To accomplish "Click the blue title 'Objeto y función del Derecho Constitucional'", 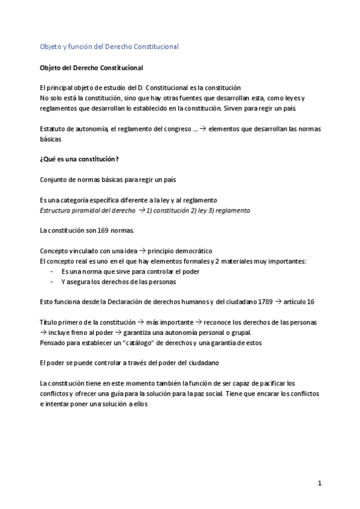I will tap(109, 46).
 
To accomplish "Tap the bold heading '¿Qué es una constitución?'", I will tap(79, 158).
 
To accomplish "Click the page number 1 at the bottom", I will tap(320, 483).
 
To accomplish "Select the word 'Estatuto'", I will tap(53, 128).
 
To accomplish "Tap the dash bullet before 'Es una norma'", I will tap(53, 271).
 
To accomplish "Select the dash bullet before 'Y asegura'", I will tap(53, 281).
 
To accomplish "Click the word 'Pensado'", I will tap(53, 343).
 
